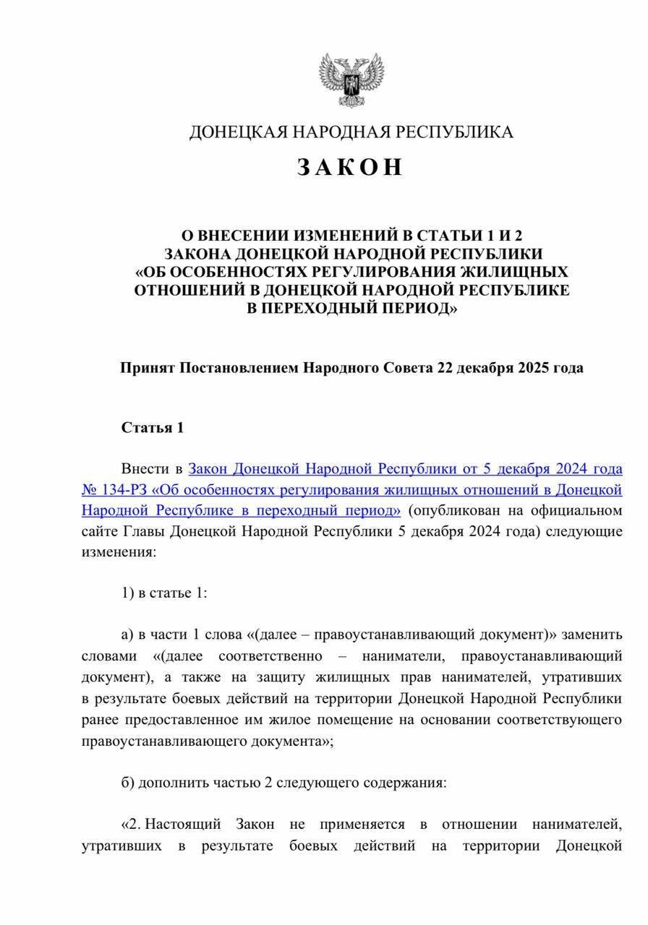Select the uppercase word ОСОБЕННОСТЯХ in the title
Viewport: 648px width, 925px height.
(x=249, y=272)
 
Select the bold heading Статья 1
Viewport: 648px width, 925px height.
(x=153, y=427)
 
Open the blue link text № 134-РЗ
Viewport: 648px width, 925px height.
(x=108, y=490)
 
